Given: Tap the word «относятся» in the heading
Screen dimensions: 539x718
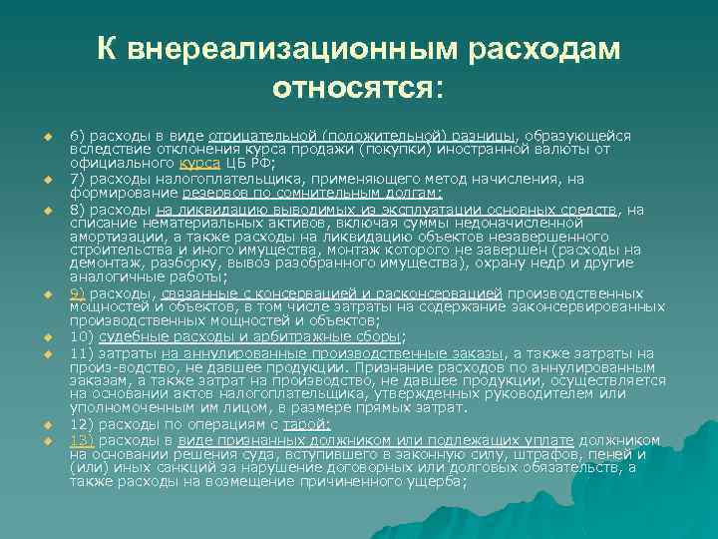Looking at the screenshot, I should [x=353, y=90].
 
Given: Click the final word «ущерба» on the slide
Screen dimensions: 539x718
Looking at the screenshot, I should [x=437, y=483].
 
